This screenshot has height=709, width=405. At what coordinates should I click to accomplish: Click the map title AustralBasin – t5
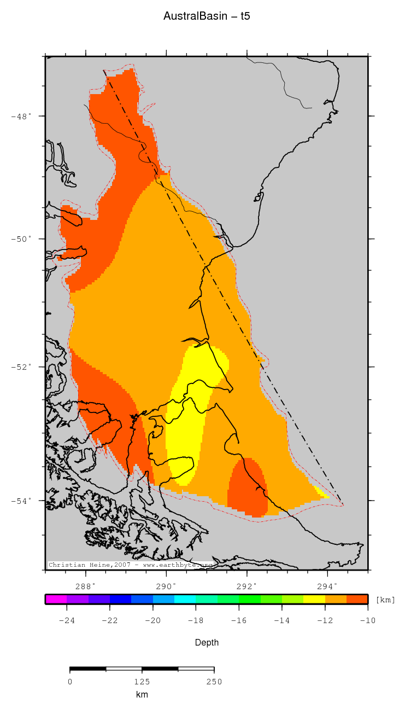pyautogui.click(x=207, y=16)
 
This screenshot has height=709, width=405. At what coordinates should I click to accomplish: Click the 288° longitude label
pyautogui.click(x=86, y=586)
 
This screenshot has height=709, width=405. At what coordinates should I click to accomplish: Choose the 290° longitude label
pyautogui.click(x=166, y=586)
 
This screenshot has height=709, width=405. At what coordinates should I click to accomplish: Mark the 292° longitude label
pyautogui.click(x=246, y=586)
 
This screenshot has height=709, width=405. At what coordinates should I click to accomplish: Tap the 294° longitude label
pyautogui.click(x=327, y=586)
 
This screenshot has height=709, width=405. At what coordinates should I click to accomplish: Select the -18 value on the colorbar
pyautogui.click(x=196, y=620)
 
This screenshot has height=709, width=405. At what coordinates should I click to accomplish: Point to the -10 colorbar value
pyautogui.click(x=367, y=620)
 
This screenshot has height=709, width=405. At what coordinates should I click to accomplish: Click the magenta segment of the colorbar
pyautogui.click(x=56, y=599)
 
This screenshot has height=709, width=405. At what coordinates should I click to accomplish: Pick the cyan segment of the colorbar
pyautogui.click(x=185, y=599)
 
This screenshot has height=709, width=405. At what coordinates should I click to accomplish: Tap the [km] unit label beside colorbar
pyautogui.click(x=385, y=600)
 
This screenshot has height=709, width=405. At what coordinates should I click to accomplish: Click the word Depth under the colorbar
pyautogui.click(x=207, y=643)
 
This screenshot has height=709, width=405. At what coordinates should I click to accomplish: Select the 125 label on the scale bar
pyautogui.click(x=142, y=682)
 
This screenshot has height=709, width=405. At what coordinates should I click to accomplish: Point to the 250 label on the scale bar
pyautogui.click(x=214, y=682)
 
